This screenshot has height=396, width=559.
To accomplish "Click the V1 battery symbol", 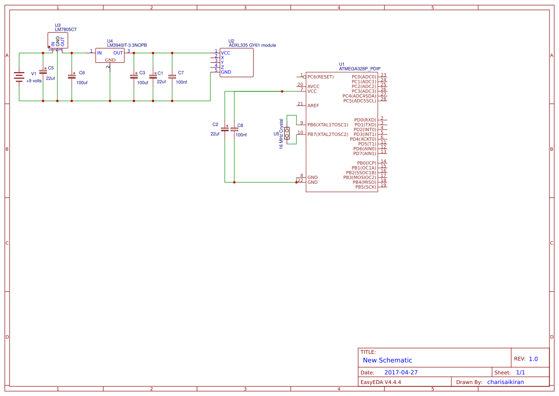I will (x=19, y=77).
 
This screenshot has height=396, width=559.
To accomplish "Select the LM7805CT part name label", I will (x=66, y=30).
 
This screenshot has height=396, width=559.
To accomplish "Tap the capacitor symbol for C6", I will (x=72, y=76).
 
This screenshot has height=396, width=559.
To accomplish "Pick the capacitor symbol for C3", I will (x=134, y=76).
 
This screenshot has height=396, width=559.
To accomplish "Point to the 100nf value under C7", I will (x=181, y=82).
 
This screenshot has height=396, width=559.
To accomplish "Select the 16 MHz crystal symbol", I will (x=287, y=133).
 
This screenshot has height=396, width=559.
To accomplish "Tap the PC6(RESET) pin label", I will (x=320, y=77).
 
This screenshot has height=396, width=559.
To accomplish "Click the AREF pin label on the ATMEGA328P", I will (x=313, y=105).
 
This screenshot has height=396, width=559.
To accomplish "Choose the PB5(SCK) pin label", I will (x=365, y=187).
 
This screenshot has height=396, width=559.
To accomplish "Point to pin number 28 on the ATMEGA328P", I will (x=384, y=99).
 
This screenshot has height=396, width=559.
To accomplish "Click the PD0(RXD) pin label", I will (x=365, y=120).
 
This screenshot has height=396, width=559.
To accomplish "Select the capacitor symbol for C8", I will (x=234, y=129).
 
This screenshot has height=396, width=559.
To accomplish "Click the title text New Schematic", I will (x=387, y=360).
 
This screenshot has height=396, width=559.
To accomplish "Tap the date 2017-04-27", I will (x=401, y=373).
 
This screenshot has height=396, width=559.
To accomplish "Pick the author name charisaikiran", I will (x=506, y=382).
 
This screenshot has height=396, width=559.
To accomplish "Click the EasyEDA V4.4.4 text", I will (x=381, y=382).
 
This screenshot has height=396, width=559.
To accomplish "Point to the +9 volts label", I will (x=34, y=81).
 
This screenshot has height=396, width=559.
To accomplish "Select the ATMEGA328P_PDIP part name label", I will (x=360, y=68).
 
